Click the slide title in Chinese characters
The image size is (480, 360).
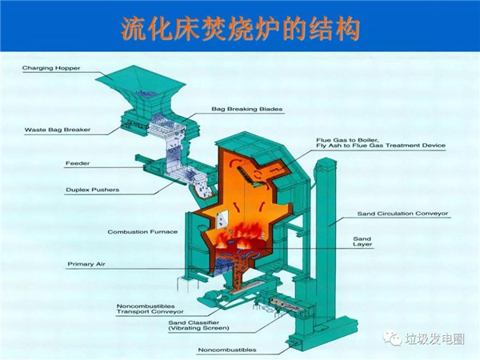[x=240, y=30]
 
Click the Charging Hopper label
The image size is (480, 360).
[x=50, y=68]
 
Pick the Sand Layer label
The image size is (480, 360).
[x=362, y=242]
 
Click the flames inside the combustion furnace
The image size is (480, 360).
[x=249, y=235]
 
